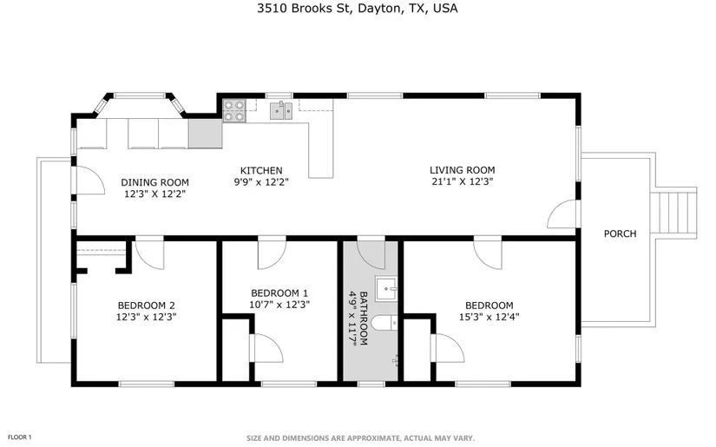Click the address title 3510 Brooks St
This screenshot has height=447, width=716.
pyautogui.click(x=304, y=9)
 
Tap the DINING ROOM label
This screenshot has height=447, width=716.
pyautogui.click(x=154, y=182)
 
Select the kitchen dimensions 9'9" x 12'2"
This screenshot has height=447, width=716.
pyautogui.click(x=261, y=182)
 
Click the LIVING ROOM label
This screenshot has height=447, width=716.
pyautogui.click(x=462, y=170)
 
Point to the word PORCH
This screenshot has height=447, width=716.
pyautogui.click(x=621, y=233)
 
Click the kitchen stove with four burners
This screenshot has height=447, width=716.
pyautogui.click(x=233, y=111)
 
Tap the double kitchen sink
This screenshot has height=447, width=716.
pyautogui.click(x=281, y=110)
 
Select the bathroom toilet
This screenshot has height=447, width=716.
pyautogui.click(x=384, y=323)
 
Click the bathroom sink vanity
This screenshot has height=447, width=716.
pyautogui.click(x=386, y=288)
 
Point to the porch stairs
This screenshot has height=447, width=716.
pyautogui.click(x=673, y=213)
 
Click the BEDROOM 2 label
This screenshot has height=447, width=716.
pyautogui.click(x=146, y=306)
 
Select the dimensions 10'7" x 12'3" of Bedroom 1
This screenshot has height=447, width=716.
pyautogui.click(x=279, y=305)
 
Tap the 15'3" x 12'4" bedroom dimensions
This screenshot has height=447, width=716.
pyautogui.click(x=489, y=317)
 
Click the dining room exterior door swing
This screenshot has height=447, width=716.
pyautogui.click(x=90, y=181)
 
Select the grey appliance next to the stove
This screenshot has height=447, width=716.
pyautogui.click(x=206, y=134)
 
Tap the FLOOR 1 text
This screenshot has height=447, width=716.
pyautogui.click(x=20, y=437)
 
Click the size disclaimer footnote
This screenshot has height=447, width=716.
pyautogui.click(x=361, y=438)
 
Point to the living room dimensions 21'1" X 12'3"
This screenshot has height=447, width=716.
pyautogui.click(x=462, y=181)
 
